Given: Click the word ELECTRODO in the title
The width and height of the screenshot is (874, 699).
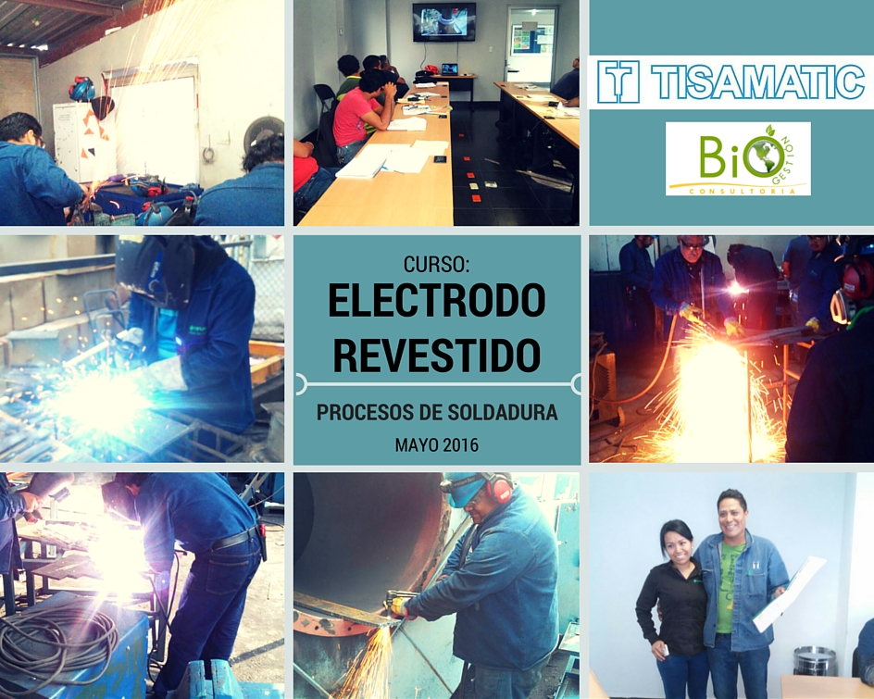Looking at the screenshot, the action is pyautogui.click(x=436, y=301).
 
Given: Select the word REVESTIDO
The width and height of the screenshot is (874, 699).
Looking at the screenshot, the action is pyautogui.click(x=436, y=355).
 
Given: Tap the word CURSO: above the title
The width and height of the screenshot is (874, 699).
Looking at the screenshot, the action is pyautogui.click(x=436, y=264).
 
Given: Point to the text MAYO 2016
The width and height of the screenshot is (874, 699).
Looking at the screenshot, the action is pyautogui.click(x=436, y=444).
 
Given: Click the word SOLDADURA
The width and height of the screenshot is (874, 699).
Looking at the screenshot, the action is pyautogui.click(x=503, y=412).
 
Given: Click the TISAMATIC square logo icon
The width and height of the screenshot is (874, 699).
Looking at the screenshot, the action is pyautogui.click(x=618, y=82).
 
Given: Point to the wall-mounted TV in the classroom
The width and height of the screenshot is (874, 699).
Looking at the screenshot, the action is pyautogui.click(x=443, y=21).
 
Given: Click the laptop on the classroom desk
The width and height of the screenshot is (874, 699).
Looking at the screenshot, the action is pyautogui.click(x=449, y=69).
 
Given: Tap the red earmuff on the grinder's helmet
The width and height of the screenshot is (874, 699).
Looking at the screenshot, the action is pyautogui.click(x=501, y=487).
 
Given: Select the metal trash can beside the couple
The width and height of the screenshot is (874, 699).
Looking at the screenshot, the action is pyautogui.click(x=815, y=661).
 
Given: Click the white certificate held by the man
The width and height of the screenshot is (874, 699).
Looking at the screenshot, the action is pyautogui.click(x=789, y=593).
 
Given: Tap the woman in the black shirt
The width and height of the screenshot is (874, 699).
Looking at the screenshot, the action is pyautogui.click(x=673, y=607).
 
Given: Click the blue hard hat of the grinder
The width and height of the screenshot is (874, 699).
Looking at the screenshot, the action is pyautogui.click(x=466, y=487).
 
